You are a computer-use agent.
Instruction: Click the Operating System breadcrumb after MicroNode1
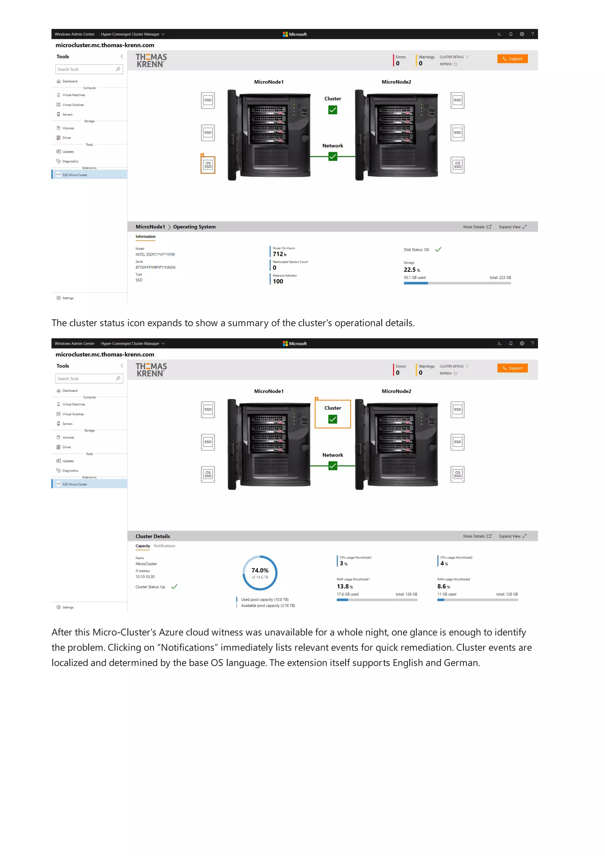(194, 227)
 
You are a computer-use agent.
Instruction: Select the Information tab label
(145, 236)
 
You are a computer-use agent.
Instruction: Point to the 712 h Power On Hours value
(279, 254)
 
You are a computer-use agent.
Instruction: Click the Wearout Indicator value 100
(278, 281)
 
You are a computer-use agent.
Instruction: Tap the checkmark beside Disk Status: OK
(438, 249)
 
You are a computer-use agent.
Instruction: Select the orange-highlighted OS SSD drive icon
(208, 165)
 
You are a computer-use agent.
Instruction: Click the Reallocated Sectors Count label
(290, 262)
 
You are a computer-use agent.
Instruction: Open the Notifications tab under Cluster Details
(164, 546)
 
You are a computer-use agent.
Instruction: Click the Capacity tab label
(143, 546)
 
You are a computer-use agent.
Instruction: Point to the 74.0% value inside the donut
(260, 570)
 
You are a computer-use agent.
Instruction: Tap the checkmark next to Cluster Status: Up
(174, 586)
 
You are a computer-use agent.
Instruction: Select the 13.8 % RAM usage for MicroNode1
(344, 586)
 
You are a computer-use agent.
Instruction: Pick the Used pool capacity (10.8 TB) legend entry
(264, 600)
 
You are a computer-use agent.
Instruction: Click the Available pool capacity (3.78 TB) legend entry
(268, 606)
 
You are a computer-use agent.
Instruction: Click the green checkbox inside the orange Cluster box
(333, 419)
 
